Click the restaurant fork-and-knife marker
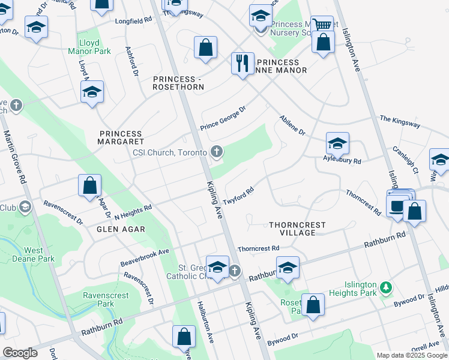pos(243,63)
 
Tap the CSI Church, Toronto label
pos(170,152)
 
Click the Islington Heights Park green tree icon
pos(385,285)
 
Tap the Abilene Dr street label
pos(292,125)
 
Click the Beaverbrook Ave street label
pos(145,255)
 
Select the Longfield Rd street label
pos(133,20)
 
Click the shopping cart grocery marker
pos(322,25)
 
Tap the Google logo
pos(20,353)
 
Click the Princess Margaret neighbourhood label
pos(121,137)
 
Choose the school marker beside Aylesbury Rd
pos(337,143)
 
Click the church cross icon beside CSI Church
pos(216,152)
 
